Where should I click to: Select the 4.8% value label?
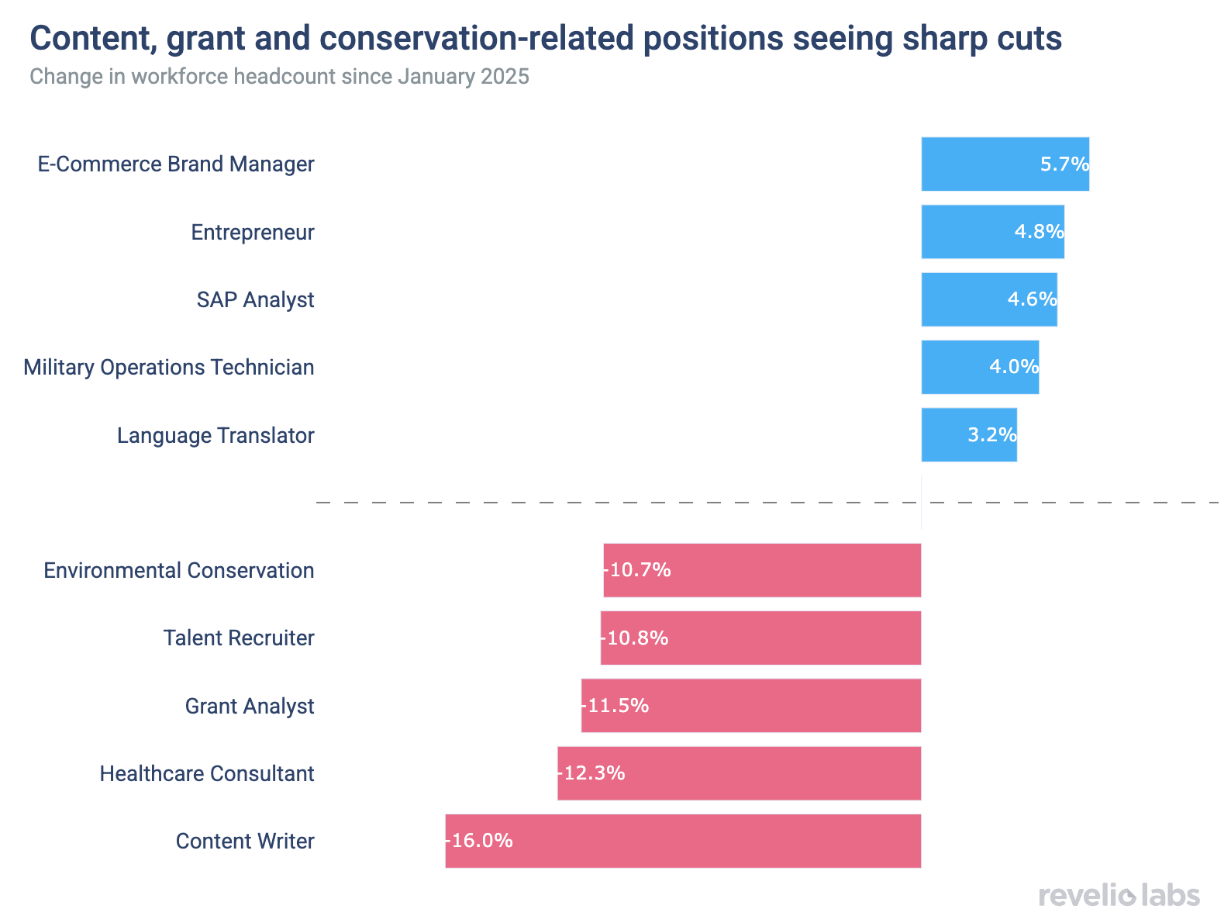[1039, 231]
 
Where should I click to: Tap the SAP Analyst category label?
[255, 299]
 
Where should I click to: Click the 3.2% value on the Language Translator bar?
[991, 435]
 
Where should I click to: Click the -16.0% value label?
[479, 841]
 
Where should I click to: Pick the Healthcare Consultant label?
[207, 773]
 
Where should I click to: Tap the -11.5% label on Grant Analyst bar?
[615, 706]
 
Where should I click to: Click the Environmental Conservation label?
[179, 571]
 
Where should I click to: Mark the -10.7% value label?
[637, 570]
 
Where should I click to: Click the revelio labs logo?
[1119, 895]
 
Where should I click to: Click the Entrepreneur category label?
[253, 232]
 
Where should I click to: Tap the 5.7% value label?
[1064, 164]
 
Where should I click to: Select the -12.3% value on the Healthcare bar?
[591, 773]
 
